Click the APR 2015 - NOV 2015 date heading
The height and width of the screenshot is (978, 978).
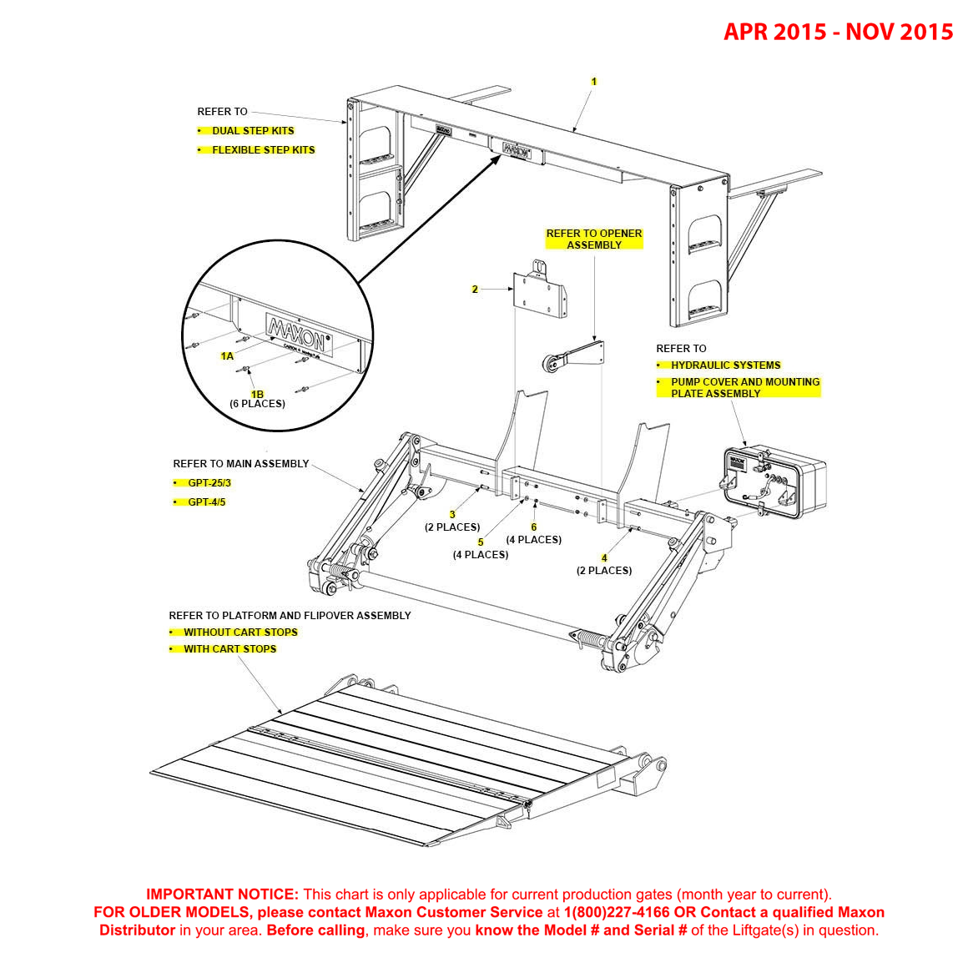838,32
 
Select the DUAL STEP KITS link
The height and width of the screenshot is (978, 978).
253,131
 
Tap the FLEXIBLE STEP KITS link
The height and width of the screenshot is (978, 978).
263,150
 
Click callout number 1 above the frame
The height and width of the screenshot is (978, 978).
594,82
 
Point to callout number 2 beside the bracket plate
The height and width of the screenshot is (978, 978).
475,290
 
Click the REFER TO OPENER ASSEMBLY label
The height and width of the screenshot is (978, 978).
594,239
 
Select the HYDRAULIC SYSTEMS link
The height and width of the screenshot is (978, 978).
725,365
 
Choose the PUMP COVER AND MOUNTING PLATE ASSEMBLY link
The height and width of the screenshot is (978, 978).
744,388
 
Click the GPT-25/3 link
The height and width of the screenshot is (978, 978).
209,483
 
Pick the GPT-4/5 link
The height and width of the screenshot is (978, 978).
206,502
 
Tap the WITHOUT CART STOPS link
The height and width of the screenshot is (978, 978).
240,633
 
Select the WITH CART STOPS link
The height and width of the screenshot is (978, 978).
229,649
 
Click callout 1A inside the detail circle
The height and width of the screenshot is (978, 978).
227,356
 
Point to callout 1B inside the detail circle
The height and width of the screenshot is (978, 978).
257,395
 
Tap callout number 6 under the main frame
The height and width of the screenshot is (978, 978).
534,527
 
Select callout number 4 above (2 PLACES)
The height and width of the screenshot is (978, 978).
604,558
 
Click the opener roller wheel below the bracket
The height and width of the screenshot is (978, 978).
552,365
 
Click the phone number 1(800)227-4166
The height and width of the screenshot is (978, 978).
617,913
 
